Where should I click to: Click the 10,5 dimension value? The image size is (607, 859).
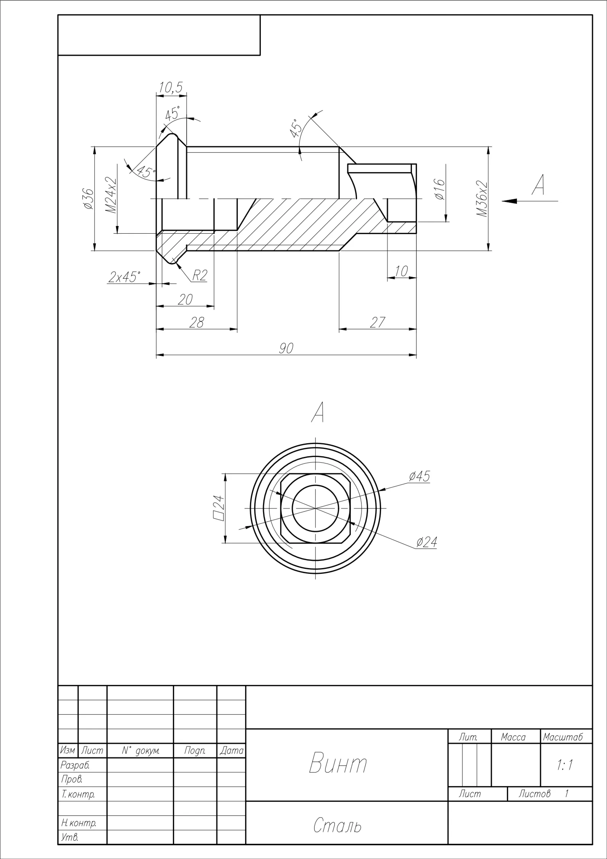(x=171, y=87)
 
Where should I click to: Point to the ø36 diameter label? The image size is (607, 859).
(x=88, y=199)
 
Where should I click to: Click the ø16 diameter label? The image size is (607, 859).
(x=439, y=189)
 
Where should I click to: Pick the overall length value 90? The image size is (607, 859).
(x=286, y=348)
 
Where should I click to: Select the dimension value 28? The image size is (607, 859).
(x=197, y=322)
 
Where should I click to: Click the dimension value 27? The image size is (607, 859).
(x=377, y=322)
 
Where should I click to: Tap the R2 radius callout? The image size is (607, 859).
(x=199, y=275)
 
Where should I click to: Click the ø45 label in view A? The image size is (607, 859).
(x=419, y=476)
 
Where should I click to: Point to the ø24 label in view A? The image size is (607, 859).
(x=426, y=542)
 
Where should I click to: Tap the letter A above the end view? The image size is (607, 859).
(x=318, y=412)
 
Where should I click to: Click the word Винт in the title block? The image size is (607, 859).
(x=338, y=763)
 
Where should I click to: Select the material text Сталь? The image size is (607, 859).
(x=337, y=826)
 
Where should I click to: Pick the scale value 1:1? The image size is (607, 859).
(x=565, y=765)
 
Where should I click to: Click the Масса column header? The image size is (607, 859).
(x=513, y=737)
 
